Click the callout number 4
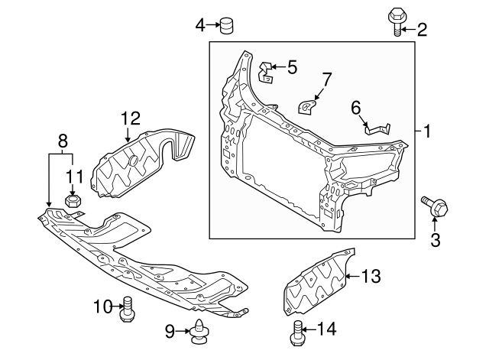click(x=200, y=26)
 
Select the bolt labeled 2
click(x=397, y=21)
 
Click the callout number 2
click(x=421, y=31)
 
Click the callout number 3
click(x=436, y=242)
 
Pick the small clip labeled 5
click(x=265, y=70)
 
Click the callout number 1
click(x=427, y=131)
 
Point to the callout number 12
click(x=131, y=118)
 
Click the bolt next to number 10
click(x=128, y=310)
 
